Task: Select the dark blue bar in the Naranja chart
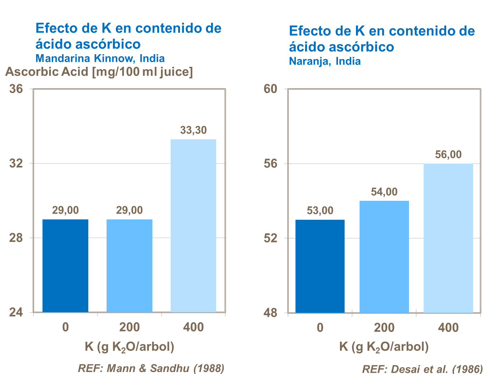tap(320, 266)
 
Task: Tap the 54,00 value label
tap(384, 192)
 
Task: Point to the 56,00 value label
tap(448, 155)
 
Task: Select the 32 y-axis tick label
tap(16, 164)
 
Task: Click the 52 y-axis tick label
tap(270, 238)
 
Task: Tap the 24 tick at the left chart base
tap(16, 313)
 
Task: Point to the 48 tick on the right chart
tap(270, 313)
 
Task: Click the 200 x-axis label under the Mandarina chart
tap(129, 327)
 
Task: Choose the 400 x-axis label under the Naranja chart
tap(448, 328)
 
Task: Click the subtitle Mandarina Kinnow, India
tap(100, 59)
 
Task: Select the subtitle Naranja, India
tap(325, 61)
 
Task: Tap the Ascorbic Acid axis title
tap(99, 72)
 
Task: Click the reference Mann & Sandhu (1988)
tap(151, 368)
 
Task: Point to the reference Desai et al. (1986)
tap(422, 369)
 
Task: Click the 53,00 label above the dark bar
tap(320, 211)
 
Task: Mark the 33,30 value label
tap(193, 130)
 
